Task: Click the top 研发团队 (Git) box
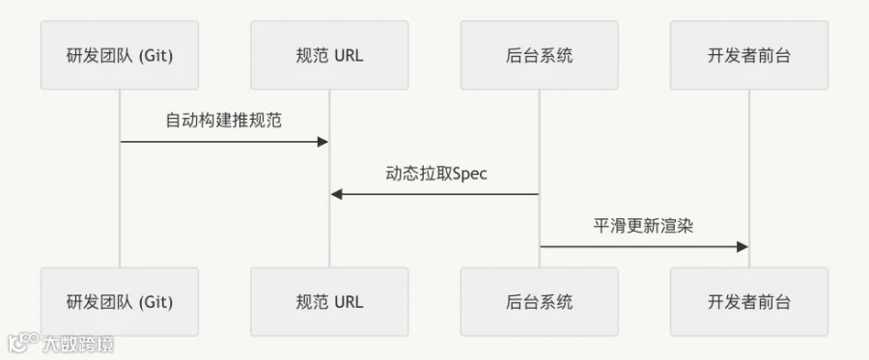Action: (x=120, y=55)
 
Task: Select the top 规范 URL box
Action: (x=329, y=55)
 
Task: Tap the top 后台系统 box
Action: (x=539, y=55)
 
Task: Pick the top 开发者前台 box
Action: (x=749, y=55)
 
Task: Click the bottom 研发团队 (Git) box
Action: (x=120, y=302)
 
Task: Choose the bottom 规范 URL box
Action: (x=329, y=302)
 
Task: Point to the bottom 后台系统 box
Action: (x=539, y=302)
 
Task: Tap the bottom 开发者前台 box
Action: (x=749, y=302)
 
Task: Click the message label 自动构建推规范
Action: (x=224, y=121)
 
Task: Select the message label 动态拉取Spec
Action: (x=436, y=174)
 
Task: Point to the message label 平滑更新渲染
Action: (x=643, y=226)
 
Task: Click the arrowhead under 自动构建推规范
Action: (x=322, y=142)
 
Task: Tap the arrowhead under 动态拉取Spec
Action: (x=337, y=194)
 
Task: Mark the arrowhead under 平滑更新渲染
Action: (x=743, y=247)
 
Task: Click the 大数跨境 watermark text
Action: (x=78, y=345)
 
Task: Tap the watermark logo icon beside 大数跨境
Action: (x=23, y=343)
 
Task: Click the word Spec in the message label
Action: (x=470, y=174)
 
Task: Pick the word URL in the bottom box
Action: (x=350, y=302)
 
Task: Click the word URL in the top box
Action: (x=350, y=55)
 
